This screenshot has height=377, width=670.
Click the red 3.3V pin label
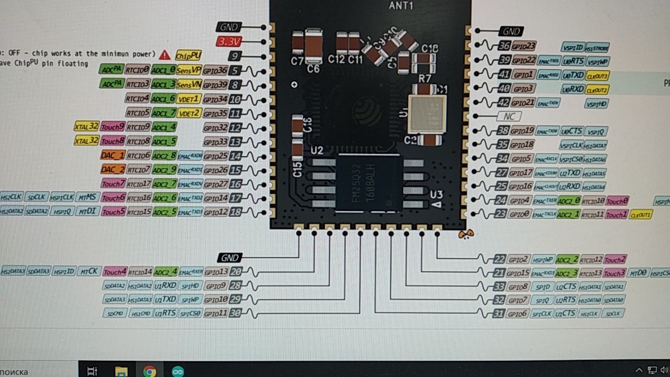coord(228,42)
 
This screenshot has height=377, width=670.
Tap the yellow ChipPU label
coord(188,56)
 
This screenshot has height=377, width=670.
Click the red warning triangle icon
coord(165,54)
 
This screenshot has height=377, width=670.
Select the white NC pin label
coord(509,116)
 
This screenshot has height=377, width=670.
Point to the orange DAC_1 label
coord(113,156)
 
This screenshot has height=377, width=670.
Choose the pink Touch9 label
coord(113,127)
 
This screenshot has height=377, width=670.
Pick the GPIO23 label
coord(524,46)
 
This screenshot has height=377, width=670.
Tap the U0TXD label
coord(574,75)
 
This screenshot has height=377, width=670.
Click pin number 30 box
coord(236,313)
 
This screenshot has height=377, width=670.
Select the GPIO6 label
coord(518,314)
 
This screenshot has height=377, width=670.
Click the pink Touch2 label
coord(615,260)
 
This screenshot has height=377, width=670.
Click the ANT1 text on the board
coord(401,6)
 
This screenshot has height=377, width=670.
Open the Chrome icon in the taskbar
coord(150,371)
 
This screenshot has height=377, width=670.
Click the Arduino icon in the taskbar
coord(177,371)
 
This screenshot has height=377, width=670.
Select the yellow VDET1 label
coord(189,98)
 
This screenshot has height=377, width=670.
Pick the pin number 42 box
coord(503,103)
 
